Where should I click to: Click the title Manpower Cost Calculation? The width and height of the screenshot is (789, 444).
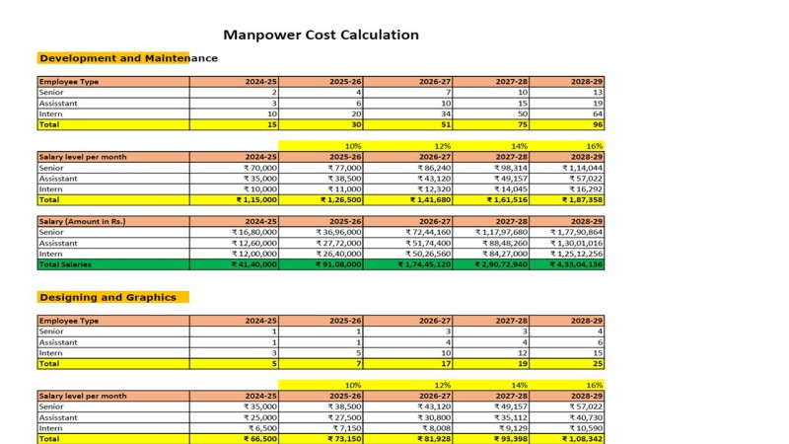point(322,35)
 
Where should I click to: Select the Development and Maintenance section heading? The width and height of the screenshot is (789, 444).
point(129,58)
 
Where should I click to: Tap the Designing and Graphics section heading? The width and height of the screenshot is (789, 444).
point(108,298)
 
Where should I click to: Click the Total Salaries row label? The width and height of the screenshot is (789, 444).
point(65,264)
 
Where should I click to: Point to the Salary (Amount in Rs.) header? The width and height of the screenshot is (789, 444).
point(83,221)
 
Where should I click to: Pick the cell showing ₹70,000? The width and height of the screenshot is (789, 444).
point(260,168)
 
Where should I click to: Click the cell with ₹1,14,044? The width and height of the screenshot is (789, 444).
point(582,168)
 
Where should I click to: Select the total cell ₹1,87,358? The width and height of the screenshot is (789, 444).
point(582,200)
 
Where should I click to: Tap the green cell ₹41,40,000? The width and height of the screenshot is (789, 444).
point(254,264)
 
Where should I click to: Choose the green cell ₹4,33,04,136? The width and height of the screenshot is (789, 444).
point(576,264)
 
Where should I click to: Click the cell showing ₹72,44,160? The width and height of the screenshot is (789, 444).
point(428,232)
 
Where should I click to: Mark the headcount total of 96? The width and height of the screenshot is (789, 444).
point(598,124)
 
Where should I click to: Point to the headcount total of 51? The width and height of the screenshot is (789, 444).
point(446,124)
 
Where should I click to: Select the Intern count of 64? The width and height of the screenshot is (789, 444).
point(598,113)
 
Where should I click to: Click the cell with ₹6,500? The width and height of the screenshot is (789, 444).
point(262,428)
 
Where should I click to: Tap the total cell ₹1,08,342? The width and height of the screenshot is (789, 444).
point(582,439)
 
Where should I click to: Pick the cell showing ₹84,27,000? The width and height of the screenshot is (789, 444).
point(505,254)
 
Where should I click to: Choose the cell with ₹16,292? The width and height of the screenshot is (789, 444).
point(586,189)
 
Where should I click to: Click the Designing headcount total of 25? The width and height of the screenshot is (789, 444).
point(598,363)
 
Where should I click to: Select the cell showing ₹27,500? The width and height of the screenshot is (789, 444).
point(344,417)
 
